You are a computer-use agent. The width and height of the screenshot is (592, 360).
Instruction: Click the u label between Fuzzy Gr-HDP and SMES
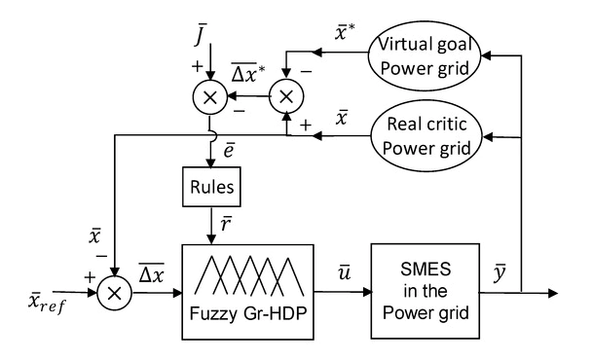(x=346, y=264)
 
